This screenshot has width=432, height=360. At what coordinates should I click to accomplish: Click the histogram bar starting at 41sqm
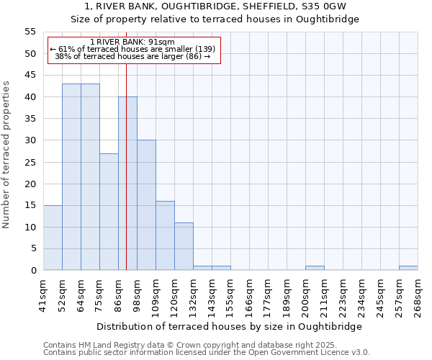pos(53,238)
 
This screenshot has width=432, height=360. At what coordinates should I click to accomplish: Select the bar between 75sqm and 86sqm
pos(109,212)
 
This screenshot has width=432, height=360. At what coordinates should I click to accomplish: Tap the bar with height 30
pos(146,205)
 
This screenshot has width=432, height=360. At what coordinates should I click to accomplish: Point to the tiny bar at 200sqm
pos(315,269)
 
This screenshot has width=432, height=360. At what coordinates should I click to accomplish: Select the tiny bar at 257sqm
pos(408,269)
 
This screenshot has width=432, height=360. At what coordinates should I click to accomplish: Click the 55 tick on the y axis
pos(30,32)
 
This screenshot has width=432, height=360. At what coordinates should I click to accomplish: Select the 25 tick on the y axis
pos(30,162)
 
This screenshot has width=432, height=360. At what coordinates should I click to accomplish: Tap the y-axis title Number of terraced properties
pos(6,155)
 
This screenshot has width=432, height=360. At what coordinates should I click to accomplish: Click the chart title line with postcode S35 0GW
pos(215,6)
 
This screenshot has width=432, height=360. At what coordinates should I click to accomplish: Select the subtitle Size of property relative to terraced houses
pos(215,19)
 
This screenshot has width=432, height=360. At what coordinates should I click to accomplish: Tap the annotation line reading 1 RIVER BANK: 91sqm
pos(133,42)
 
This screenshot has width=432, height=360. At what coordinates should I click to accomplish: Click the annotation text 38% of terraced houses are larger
pos(133,56)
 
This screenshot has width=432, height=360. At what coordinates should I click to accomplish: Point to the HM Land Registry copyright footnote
pos(189,345)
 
